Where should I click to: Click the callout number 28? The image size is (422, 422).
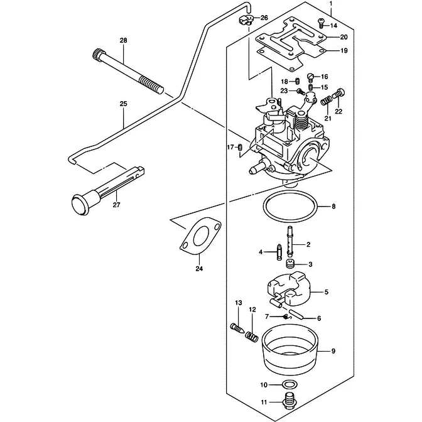(123, 41)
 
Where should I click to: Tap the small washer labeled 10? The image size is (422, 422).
(290, 384)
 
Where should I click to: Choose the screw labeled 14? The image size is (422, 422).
(322, 24)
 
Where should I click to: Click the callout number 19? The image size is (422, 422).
(344, 50)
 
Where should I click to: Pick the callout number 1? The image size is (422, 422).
(330, 4)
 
